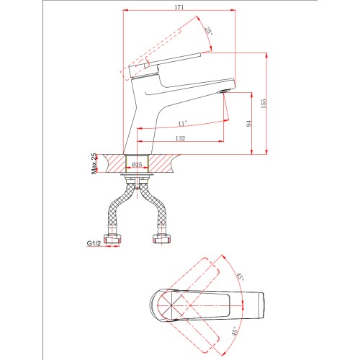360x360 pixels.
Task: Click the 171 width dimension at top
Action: pos(179,7)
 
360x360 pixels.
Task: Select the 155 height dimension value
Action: pos(264,104)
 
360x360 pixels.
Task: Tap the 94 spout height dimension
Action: pos(250,124)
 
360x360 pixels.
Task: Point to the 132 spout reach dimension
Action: pos(180,138)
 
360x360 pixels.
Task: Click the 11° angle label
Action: pos(182,124)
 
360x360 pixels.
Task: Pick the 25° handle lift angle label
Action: pos(209,31)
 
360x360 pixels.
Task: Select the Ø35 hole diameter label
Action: pos(137,165)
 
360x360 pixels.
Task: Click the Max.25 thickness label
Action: pos(94,163)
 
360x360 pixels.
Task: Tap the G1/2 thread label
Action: pos(94,243)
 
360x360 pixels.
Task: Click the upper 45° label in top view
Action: pos(240,277)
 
